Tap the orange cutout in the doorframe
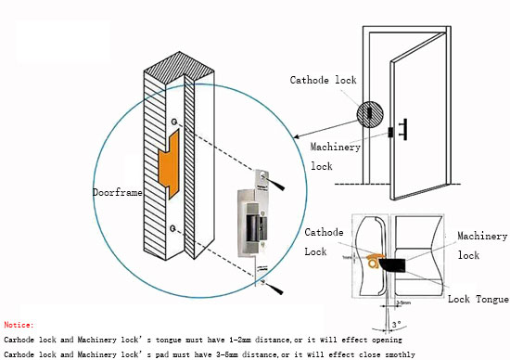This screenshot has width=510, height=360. click(168, 165)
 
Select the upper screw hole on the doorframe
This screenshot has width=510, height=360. click(173, 122)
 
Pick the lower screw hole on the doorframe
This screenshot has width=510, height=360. click(173, 227)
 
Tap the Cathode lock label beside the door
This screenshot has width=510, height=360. click(323, 81)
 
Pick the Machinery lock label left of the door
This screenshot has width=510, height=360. click(335, 156)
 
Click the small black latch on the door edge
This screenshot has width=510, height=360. click(391, 132)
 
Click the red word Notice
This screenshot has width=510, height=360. click(19, 326)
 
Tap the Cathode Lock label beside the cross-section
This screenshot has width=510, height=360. click(324, 242)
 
